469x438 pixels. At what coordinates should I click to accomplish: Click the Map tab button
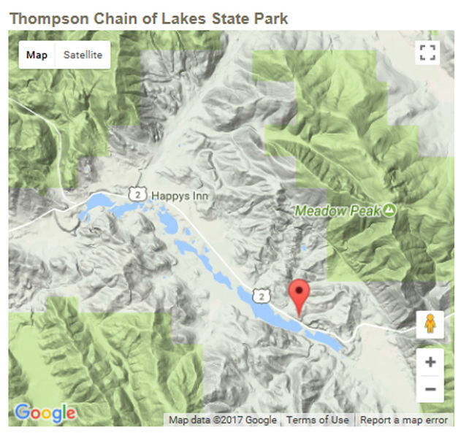37,55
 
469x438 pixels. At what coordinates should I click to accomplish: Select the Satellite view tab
83,55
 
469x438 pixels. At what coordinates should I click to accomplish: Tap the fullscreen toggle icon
428,53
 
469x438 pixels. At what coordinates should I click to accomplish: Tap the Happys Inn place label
180,196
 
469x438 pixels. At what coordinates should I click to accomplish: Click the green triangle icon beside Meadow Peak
390,210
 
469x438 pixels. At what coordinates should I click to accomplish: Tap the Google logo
45,413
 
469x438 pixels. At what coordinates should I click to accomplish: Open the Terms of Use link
317,420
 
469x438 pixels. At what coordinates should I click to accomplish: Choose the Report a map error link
404,420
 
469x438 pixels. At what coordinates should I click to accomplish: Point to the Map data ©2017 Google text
223,420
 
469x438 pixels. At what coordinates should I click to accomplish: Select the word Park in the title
270,18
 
